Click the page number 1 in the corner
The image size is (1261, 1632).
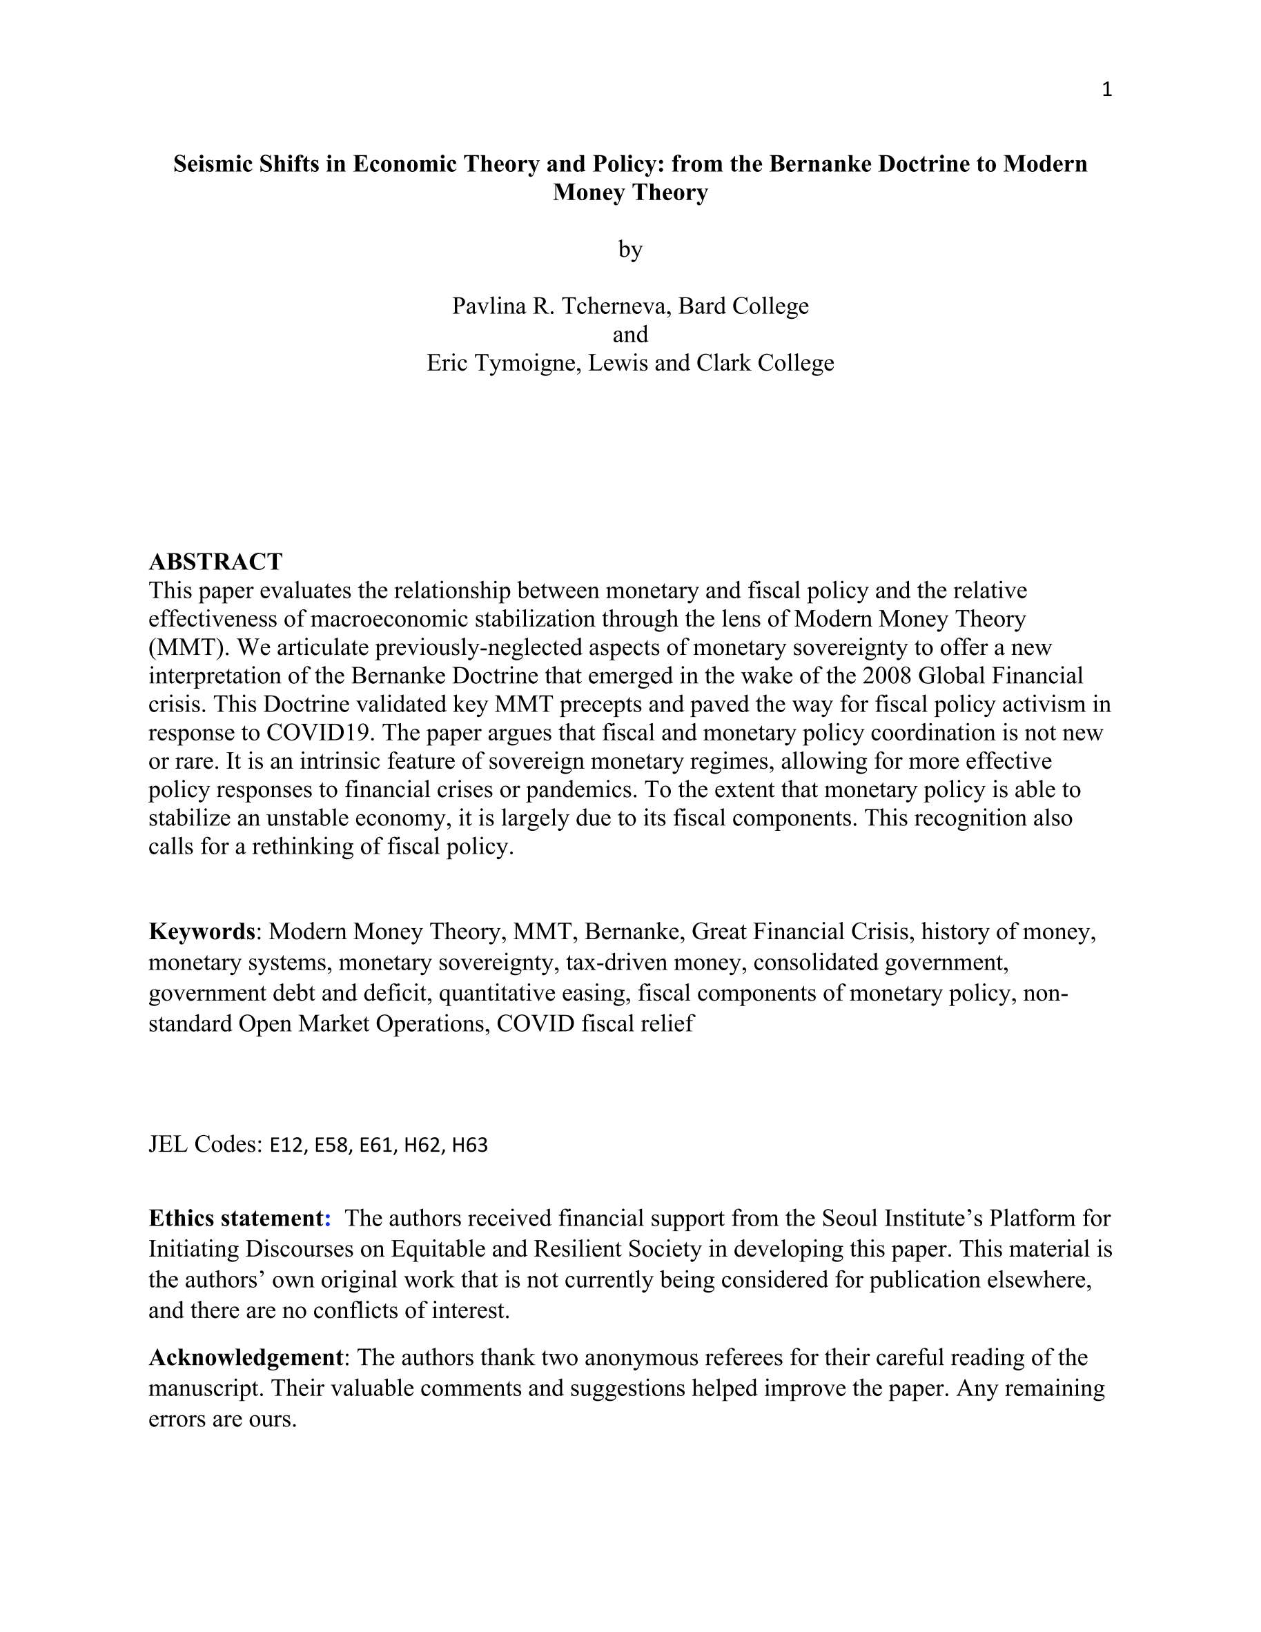[1106, 90]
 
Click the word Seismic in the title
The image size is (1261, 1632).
[213, 164]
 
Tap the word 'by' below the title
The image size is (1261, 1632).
[630, 249]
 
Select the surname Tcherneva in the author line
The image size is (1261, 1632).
[614, 306]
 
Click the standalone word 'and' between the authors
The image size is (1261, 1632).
[630, 334]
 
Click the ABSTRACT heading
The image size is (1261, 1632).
[215, 561]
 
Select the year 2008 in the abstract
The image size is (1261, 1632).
[886, 676]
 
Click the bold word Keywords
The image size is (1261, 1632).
[202, 931]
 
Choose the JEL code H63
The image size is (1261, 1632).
[469, 1145]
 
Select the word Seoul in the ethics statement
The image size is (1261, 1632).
[850, 1218]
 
